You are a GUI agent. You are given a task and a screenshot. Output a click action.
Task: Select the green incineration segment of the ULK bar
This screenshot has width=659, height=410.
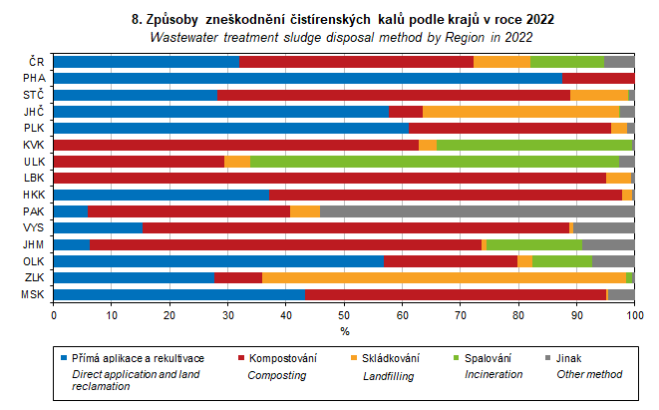pos(429,161)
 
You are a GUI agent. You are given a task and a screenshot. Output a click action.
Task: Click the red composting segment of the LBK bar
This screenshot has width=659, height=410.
pos(329,178)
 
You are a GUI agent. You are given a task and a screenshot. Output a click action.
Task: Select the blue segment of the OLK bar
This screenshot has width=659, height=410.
pos(218,260)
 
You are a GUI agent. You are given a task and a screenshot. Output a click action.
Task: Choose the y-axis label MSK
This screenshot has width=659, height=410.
pos(31,294)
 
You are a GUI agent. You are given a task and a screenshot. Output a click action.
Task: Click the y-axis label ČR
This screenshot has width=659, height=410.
pos(35,61)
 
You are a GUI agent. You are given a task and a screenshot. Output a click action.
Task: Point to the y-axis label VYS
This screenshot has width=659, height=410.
pos(32,227)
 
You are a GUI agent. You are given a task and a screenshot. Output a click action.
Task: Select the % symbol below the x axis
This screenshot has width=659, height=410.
pos(344,330)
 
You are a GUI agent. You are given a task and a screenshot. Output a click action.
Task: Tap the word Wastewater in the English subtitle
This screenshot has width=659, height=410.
pos(185,37)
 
